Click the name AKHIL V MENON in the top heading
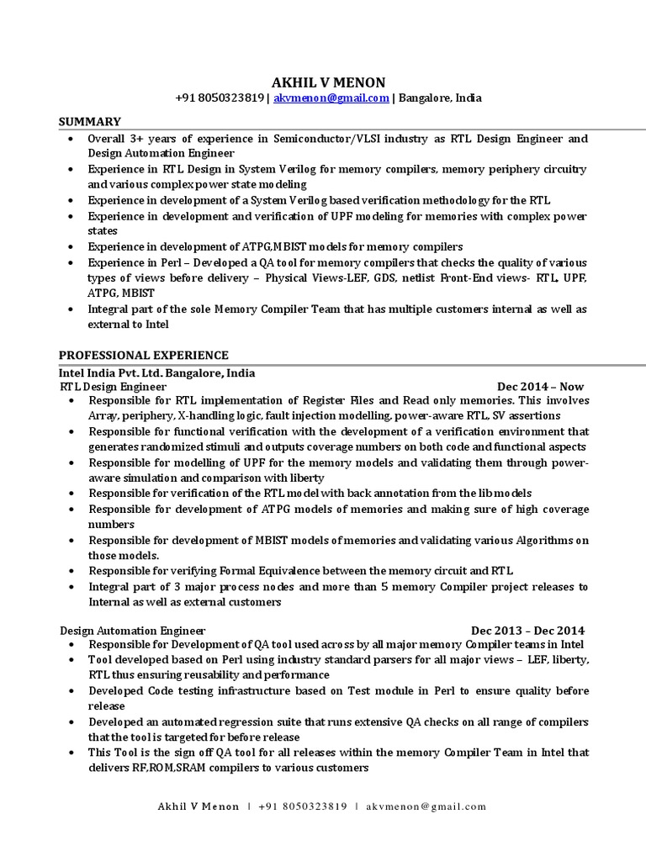click(x=328, y=82)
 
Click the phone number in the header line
click(x=220, y=98)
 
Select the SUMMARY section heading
click(x=89, y=122)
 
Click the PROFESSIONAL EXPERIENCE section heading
click(x=143, y=355)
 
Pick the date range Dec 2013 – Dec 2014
click(x=527, y=630)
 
